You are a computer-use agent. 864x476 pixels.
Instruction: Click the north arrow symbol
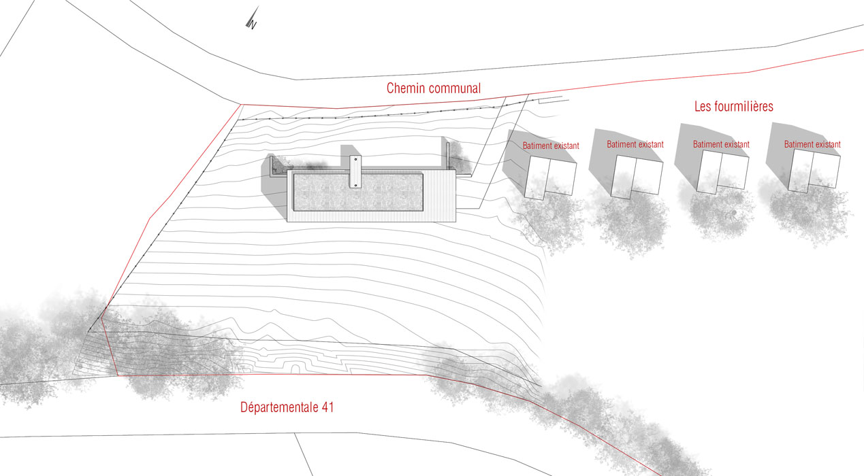click(252, 19)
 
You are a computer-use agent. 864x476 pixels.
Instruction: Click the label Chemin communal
click(434, 88)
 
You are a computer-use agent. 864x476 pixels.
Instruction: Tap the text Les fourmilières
click(733, 107)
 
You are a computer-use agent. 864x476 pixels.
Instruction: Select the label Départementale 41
click(287, 408)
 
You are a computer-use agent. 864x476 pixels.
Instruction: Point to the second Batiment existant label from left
click(635, 145)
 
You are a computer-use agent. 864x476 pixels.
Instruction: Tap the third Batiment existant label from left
click(721, 145)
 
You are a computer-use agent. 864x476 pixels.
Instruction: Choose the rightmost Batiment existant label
click(812, 145)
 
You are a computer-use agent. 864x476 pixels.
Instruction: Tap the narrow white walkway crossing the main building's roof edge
click(355, 171)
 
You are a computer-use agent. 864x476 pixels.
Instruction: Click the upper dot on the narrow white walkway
click(355, 160)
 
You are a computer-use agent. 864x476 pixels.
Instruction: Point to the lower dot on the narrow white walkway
click(355, 184)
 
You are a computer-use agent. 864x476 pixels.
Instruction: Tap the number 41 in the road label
click(326, 408)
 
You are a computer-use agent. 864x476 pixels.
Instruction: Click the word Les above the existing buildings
click(703, 107)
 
